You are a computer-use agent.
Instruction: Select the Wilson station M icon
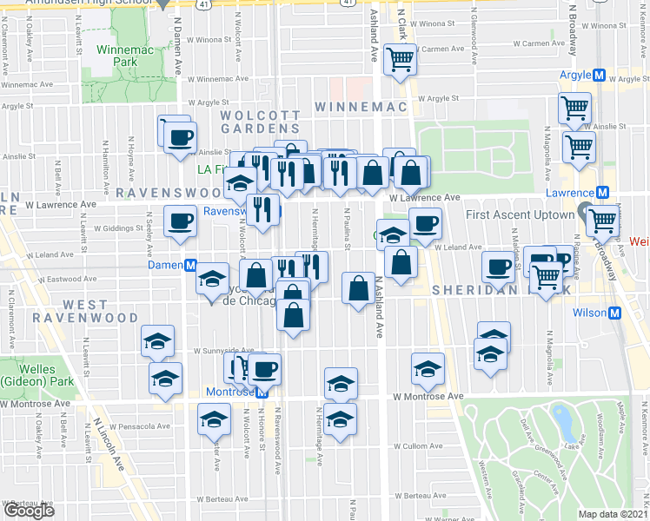coord(614,313)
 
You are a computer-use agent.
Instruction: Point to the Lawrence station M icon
coord(600,193)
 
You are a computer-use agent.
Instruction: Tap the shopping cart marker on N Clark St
coord(401,61)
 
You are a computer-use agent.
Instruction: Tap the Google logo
coord(29,511)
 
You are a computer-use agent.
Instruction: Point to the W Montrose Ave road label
coord(421,397)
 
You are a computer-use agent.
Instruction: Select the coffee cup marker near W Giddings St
coord(180,221)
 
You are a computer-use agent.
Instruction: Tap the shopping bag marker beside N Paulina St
coord(358,288)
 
